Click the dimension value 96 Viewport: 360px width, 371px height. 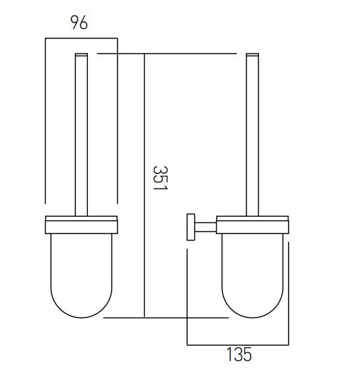tap(79, 22)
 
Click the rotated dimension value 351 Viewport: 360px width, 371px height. tap(159, 179)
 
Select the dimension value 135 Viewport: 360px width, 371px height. tap(238, 355)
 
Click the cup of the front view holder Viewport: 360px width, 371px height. tap(81, 271)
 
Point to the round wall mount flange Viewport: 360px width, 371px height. tap(190, 227)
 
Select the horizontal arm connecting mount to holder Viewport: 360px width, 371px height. tap(205, 227)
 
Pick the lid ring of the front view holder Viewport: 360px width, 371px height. tap(81, 224)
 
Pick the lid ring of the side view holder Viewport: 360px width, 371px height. tap(252, 224)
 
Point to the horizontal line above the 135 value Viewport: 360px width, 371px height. tap(238, 345)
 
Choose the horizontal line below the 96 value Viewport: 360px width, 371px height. tap(81, 38)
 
